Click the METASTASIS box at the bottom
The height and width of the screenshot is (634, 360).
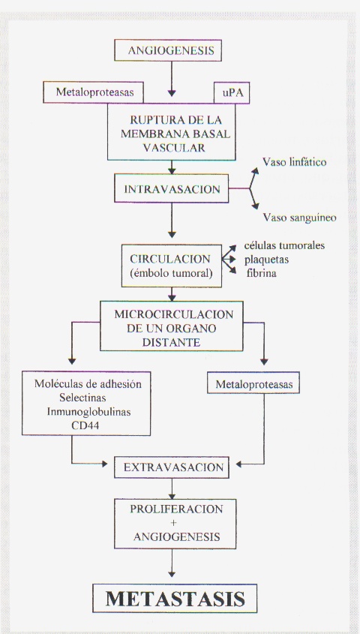point(175,598)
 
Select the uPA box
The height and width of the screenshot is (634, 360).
point(232,92)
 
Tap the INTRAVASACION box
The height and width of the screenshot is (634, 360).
point(171,188)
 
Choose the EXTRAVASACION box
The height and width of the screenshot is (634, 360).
point(172,467)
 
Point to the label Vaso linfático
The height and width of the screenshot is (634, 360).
point(295,163)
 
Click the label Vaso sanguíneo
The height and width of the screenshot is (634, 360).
point(300,218)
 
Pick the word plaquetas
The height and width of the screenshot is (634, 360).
point(267,260)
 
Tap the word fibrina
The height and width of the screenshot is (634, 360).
point(262,273)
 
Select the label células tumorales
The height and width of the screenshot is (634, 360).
point(284,245)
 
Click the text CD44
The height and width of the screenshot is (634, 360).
point(86,425)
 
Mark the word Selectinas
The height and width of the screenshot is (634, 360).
point(82,398)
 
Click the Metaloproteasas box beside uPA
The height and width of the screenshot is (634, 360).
point(94,92)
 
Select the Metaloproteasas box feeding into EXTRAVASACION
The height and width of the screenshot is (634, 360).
point(253,383)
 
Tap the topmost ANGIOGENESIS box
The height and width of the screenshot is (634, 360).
point(168,50)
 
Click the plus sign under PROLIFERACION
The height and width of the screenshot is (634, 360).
point(174,522)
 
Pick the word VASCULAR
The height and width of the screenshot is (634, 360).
point(174,148)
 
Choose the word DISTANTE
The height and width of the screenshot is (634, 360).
point(172,342)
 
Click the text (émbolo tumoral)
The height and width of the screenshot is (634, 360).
point(172,273)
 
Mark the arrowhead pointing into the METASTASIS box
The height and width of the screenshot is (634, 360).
point(172,573)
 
